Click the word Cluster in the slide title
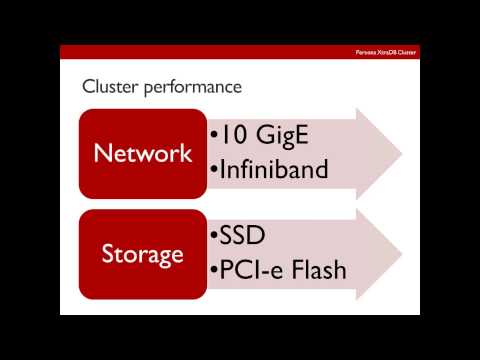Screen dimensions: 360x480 [x=108, y=87]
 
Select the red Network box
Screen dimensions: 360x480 [x=142, y=153]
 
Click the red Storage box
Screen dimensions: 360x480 [x=142, y=253]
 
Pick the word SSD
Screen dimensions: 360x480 [x=243, y=237]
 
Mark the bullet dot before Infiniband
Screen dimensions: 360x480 [x=214, y=170]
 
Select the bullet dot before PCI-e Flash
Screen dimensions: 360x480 [x=214, y=271]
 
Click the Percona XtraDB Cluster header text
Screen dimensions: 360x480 [x=384, y=52]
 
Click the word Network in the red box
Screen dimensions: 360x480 [x=142, y=153]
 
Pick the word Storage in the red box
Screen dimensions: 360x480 [x=142, y=253]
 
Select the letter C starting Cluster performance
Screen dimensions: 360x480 [x=88, y=87]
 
